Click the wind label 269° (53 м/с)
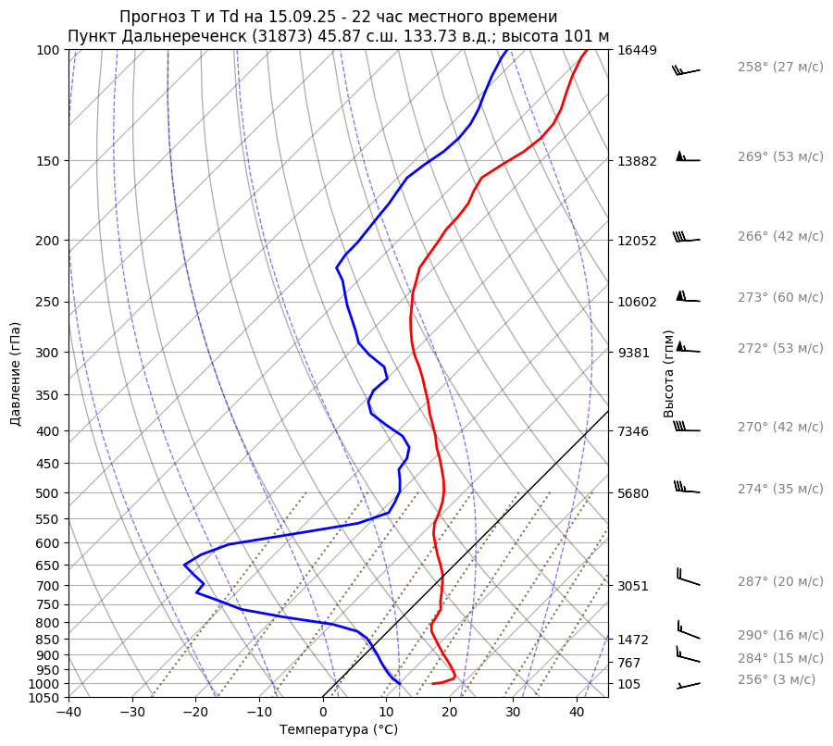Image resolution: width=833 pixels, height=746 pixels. tap(780, 157)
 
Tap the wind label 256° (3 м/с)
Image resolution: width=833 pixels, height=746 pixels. tap(777, 679)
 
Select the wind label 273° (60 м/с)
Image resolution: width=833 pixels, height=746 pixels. tap(780, 298)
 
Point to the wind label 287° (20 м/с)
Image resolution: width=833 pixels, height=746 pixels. tap(780, 582)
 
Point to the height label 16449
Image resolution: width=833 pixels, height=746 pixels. tap(637, 50)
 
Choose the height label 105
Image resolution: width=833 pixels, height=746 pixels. tap(629, 684)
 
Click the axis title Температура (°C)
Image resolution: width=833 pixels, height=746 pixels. tap(339, 730)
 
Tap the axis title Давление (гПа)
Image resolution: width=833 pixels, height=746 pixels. tap(16, 374)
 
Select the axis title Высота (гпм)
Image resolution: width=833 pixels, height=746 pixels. tap(669, 374)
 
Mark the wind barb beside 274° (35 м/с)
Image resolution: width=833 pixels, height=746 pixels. tap(686, 488)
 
